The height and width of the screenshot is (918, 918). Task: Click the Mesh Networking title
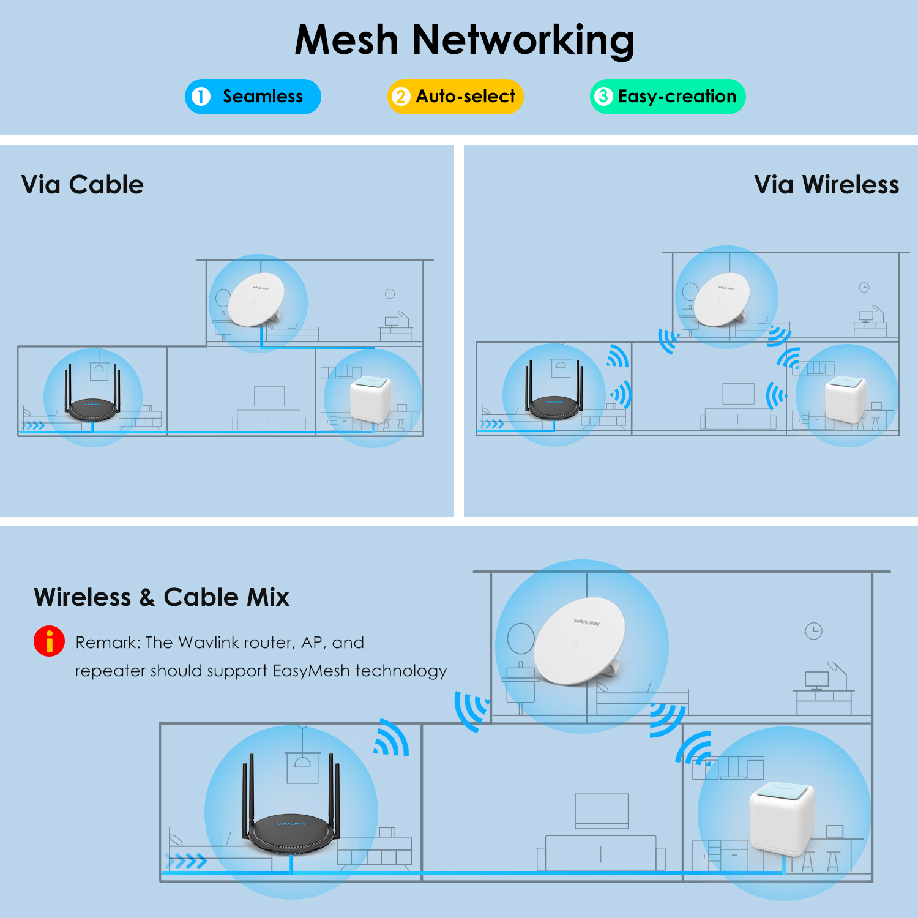coord(464,40)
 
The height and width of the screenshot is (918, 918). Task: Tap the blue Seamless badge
coord(253,97)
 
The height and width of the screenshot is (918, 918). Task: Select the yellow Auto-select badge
coord(455,97)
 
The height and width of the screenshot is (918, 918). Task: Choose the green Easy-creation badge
coord(668,97)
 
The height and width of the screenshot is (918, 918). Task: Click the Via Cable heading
coord(83,185)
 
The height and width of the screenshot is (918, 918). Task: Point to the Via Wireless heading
coord(826,185)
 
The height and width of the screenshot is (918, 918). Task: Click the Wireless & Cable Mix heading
coord(162,597)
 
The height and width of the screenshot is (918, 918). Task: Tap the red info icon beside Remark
coord(49,641)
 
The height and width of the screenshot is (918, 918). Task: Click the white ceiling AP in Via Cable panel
coord(256,300)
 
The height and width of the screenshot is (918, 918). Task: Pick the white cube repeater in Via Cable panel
coord(370,399)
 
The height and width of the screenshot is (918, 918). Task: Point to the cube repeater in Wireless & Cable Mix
coord(782,817)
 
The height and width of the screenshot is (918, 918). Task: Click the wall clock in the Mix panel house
coord(813,631)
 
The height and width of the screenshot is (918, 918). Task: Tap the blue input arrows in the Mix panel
coord(187,862)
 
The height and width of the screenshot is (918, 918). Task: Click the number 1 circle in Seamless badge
coord(201,97)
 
